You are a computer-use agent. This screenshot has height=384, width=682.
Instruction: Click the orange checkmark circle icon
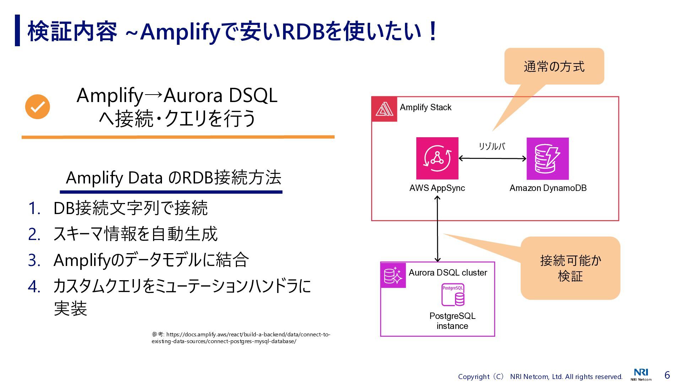(37, 107)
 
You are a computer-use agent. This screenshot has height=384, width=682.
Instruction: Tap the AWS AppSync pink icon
(437, 158)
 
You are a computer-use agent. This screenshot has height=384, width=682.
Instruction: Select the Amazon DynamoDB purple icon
(547, 159)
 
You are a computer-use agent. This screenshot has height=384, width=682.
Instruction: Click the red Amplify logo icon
(384, 109)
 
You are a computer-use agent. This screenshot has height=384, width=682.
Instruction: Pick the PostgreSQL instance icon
(453, 295)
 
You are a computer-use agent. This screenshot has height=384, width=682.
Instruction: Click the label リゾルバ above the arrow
(492, 146)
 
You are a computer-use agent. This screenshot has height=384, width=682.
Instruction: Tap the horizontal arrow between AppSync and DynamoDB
(492, 159)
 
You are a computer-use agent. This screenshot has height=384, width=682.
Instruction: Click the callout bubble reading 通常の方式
(554, 66)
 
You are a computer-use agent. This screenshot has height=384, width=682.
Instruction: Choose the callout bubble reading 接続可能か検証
(570, 268)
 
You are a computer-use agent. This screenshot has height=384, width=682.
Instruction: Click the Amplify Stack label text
(426, 107)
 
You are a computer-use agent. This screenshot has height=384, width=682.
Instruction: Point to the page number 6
(667, 375)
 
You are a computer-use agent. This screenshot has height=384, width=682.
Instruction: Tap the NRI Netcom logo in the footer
(641, 374)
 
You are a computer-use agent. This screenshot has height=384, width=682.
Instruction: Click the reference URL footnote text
(241, 338)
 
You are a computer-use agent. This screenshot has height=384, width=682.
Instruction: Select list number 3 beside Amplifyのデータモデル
(34, 260)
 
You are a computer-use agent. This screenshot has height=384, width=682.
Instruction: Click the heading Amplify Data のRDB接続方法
(173, 177)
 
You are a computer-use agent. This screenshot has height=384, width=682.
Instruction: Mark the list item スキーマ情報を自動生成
(135, 234)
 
